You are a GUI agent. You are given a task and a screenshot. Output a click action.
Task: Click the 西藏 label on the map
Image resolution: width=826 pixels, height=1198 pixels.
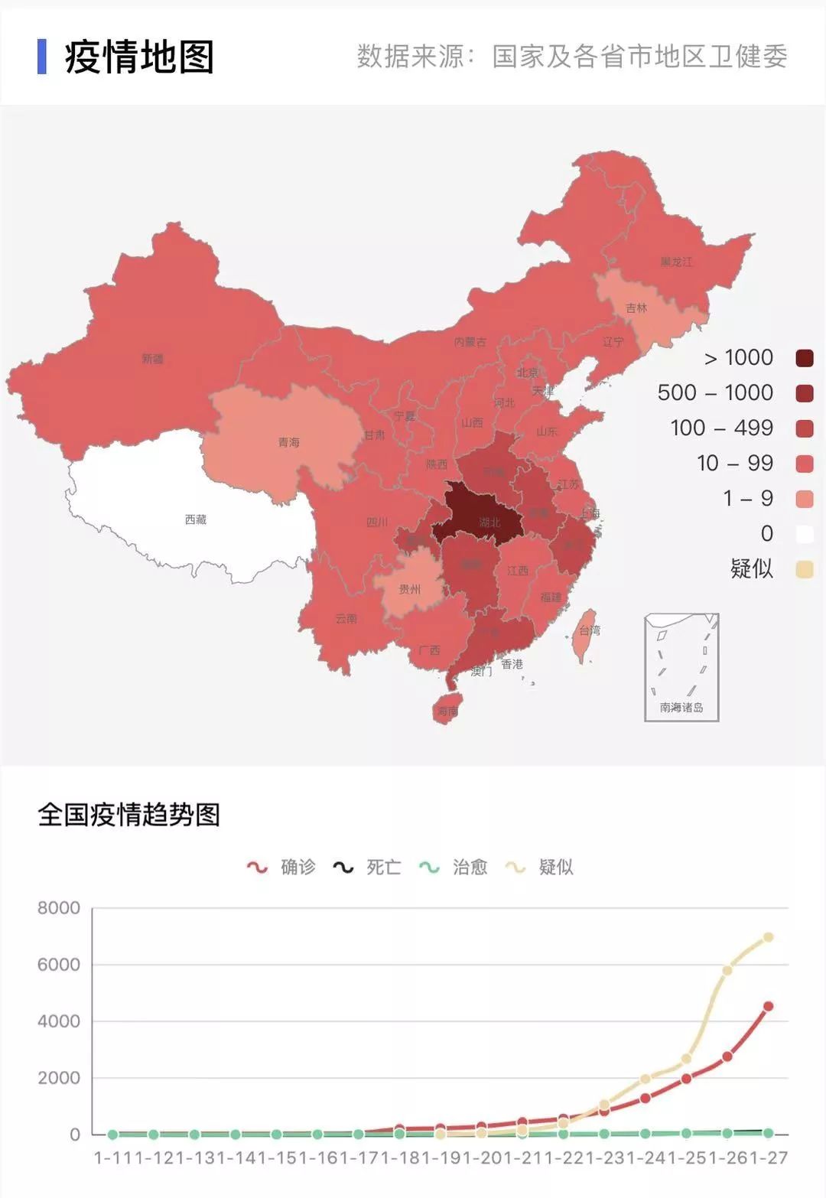pyautogui.click(x=196, y=519)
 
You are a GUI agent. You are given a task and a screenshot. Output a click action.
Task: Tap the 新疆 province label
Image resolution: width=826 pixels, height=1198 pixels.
pyautogui.click(x=152, y=358)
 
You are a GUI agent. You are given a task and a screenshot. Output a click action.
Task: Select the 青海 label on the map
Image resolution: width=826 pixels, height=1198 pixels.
pyautogui.click(x=288, y=442)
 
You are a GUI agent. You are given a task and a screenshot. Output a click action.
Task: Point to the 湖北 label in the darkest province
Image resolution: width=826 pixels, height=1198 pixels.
pyautogui.click(x=489, y=522)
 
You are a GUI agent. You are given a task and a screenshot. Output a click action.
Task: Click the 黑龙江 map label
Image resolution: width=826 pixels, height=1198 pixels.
pyautogui.click(x=676, y=262)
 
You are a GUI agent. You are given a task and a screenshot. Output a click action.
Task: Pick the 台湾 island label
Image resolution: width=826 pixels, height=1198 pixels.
pyautogui.click(x=590, y=630)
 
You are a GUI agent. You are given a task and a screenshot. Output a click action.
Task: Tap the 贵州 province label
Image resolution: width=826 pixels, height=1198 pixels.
pyautogui.click(x=410, y=589)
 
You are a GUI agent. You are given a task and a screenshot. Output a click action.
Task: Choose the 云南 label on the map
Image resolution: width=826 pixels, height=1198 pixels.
pyautogui.click(x=346, y=618)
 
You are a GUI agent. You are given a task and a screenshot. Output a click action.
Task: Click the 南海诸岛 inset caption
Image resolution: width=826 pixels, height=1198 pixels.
pyautogui.click(x=681, y=708)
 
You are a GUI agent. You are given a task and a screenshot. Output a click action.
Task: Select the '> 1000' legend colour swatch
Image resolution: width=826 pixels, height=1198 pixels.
pyautogui.click(x=805, y=358)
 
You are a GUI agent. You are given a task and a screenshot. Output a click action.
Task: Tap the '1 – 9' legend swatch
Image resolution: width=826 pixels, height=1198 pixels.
pyautogui.click(x=805, y=499)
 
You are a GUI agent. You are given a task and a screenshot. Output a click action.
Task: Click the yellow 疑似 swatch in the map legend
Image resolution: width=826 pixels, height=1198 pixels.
pyautogui.click(x=805, y=569)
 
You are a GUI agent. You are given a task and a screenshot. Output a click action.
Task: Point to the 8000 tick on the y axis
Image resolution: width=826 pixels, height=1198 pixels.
pyautogui.click(x=59, y=908)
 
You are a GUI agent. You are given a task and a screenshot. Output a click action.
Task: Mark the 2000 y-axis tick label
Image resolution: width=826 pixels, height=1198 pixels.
pyautogui.click(x=59, y=1078)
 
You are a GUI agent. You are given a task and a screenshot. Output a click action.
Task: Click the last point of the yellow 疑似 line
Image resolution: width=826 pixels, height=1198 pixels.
pyautogui.click(x=769, y=937)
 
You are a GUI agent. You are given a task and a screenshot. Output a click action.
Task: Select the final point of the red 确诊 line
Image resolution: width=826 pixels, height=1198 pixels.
pyautogui.click(x=769, y=1006)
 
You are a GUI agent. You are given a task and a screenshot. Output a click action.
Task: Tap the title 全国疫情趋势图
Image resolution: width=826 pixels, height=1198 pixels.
pyautogui.click(x=129, y=815)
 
